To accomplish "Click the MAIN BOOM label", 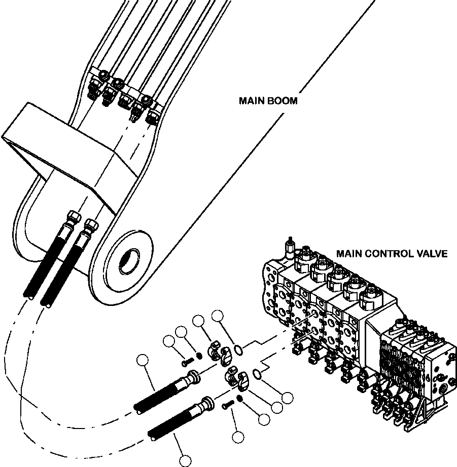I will point(268,101).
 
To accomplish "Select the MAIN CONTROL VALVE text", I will point(392,253).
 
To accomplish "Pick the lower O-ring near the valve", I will point(257,374).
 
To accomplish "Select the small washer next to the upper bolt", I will point(199,355).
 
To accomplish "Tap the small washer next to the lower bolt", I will point(239,398).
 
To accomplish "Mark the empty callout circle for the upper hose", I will point(143,361).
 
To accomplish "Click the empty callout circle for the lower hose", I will point(186,460).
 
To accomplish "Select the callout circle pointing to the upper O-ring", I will point(218,316).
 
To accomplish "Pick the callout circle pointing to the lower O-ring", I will point(288,398).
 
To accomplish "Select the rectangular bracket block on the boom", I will point(61,147).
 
